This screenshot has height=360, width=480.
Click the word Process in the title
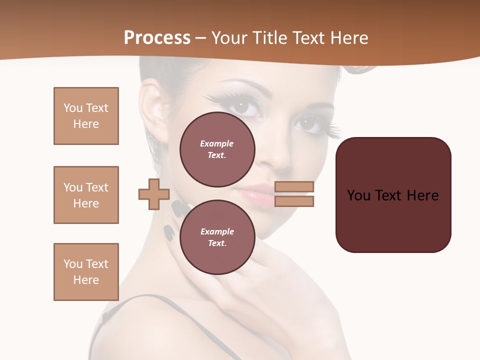[157, 37]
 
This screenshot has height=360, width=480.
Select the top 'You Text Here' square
[86, 116]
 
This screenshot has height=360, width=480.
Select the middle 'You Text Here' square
[86, 195]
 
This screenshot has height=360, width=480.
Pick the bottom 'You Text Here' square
[86, 272]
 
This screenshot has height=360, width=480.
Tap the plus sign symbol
[154, 194]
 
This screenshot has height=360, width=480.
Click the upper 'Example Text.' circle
[217, 149]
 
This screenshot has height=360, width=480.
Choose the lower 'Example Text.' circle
[217, 237]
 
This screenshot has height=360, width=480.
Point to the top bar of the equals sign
[294, 187]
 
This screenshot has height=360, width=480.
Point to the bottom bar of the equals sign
[294, 201]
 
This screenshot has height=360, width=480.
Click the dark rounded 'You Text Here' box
[393, 195]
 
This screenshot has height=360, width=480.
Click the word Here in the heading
[347, 37]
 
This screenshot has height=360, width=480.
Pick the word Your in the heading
[230, 37]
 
